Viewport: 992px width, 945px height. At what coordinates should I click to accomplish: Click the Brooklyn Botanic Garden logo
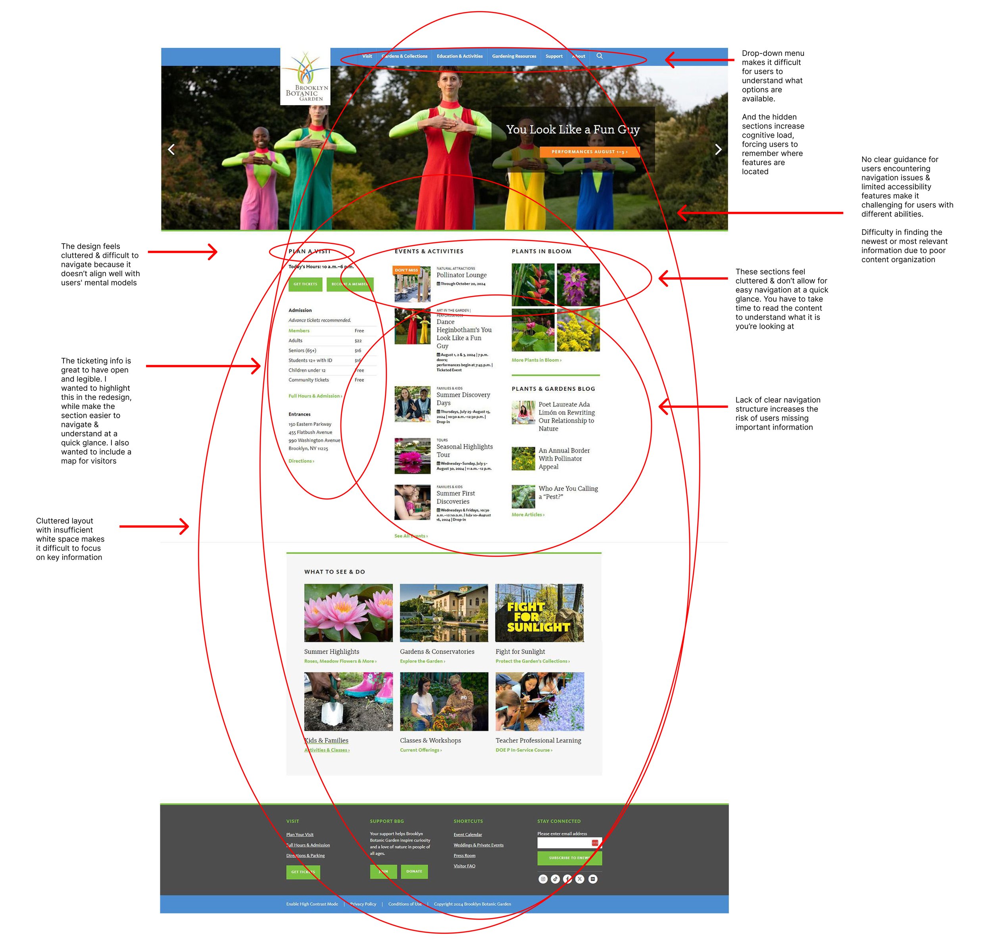(x=305, y=77)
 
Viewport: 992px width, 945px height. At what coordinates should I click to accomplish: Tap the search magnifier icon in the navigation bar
(x=599, y=56)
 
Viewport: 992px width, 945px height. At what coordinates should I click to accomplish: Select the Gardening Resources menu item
(x=513, y=56)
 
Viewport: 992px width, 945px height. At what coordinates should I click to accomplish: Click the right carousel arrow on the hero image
(x=718, y=150)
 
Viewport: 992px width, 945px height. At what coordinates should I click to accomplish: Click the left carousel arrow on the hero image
(x=171, y=150)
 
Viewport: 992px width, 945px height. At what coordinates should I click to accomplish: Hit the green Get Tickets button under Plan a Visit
(x=305, y=284)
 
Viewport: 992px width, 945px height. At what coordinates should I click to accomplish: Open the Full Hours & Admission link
(x=315, y=396)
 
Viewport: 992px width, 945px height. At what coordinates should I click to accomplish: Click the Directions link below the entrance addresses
(x=301, y=461)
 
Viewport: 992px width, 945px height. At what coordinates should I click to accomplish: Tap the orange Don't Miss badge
(x=406, y=270)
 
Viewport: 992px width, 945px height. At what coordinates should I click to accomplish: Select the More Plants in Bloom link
(x=536, y=360)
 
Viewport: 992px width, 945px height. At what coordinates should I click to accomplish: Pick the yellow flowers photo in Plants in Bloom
(x=578, y=330)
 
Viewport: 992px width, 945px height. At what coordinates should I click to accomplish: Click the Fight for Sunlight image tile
(x=539, y=613)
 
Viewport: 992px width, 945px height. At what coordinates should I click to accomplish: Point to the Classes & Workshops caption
(x=430, y=740)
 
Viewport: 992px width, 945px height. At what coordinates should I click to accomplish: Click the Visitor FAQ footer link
(x=464, y=866)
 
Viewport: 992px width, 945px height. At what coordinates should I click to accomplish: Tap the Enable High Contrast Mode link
(x=312, y=904)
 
